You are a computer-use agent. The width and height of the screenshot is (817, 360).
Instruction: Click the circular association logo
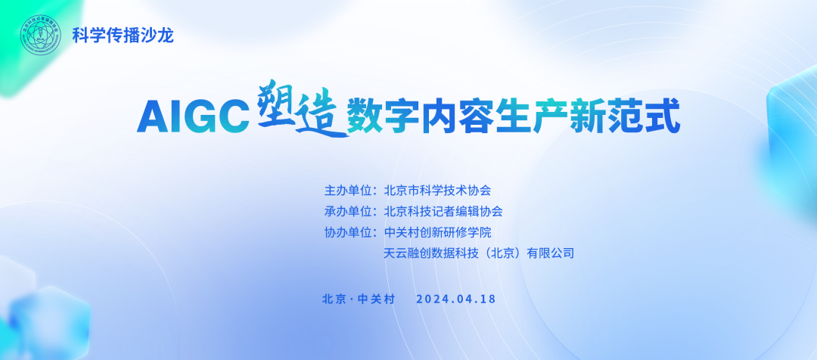(x=41, y=35)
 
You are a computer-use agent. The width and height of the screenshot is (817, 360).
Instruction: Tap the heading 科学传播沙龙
(x=123, y=36)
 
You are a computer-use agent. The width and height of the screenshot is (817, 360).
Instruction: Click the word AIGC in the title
(x=194, y=116)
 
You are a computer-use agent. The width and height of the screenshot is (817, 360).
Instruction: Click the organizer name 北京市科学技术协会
(x=437, y=190)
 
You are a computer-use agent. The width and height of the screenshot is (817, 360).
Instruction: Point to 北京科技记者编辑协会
(x=443, y=212)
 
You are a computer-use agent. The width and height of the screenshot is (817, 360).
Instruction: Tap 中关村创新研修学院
(x=437, y=232)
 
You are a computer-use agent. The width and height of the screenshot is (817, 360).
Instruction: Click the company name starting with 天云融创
(x=479, y=253)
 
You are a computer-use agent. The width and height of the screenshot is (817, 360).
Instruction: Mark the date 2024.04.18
(x=456, y=299)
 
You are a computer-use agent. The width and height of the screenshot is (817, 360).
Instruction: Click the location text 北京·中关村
(x=359, y=299)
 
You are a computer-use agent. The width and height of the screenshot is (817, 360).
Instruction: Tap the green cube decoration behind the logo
(x=31, y=42)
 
